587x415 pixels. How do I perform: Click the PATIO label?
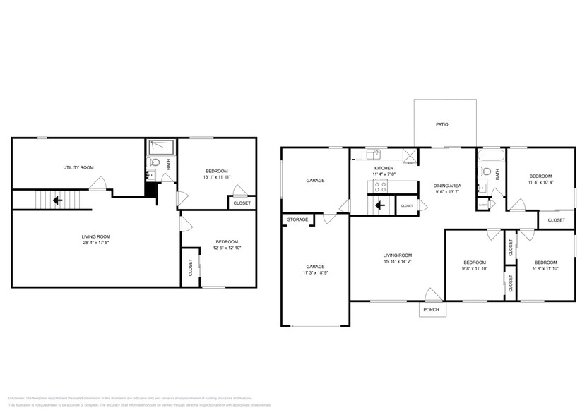point(441,124)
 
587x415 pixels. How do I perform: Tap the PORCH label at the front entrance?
point(431,310)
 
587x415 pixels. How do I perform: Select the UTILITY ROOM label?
point(78,167)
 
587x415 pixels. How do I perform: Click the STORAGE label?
point(297,220)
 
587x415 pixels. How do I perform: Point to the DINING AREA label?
point(446,185)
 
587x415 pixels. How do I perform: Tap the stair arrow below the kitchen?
point(380,206)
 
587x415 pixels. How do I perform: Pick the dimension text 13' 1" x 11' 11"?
point(217,177)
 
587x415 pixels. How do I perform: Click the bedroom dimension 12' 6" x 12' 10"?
point(227,248)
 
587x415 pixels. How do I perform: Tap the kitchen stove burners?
point(379,186)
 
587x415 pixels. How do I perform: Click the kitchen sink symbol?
point(373,153)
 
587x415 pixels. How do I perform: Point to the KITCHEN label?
point(384,168)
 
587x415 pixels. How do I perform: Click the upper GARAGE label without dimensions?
point(315,180)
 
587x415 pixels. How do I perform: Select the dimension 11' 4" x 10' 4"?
point(540,182)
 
